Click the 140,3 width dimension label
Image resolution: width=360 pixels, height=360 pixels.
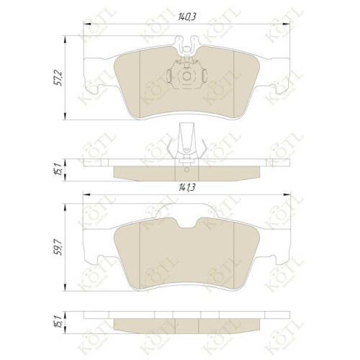[186, 17]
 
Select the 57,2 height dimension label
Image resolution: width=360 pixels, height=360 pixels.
[59, 78]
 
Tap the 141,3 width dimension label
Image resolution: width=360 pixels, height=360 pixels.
[186, 187]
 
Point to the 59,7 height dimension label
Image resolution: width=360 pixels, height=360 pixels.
[59, 248]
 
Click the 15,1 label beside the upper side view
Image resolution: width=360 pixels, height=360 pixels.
[59, 169]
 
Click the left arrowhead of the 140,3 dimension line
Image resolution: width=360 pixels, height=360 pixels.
[87, 24]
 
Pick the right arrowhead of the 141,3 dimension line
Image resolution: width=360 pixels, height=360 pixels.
[287, 194]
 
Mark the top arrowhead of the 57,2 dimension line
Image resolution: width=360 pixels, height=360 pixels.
[66, 40]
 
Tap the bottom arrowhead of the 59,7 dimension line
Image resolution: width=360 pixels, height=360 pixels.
[66, 287]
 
